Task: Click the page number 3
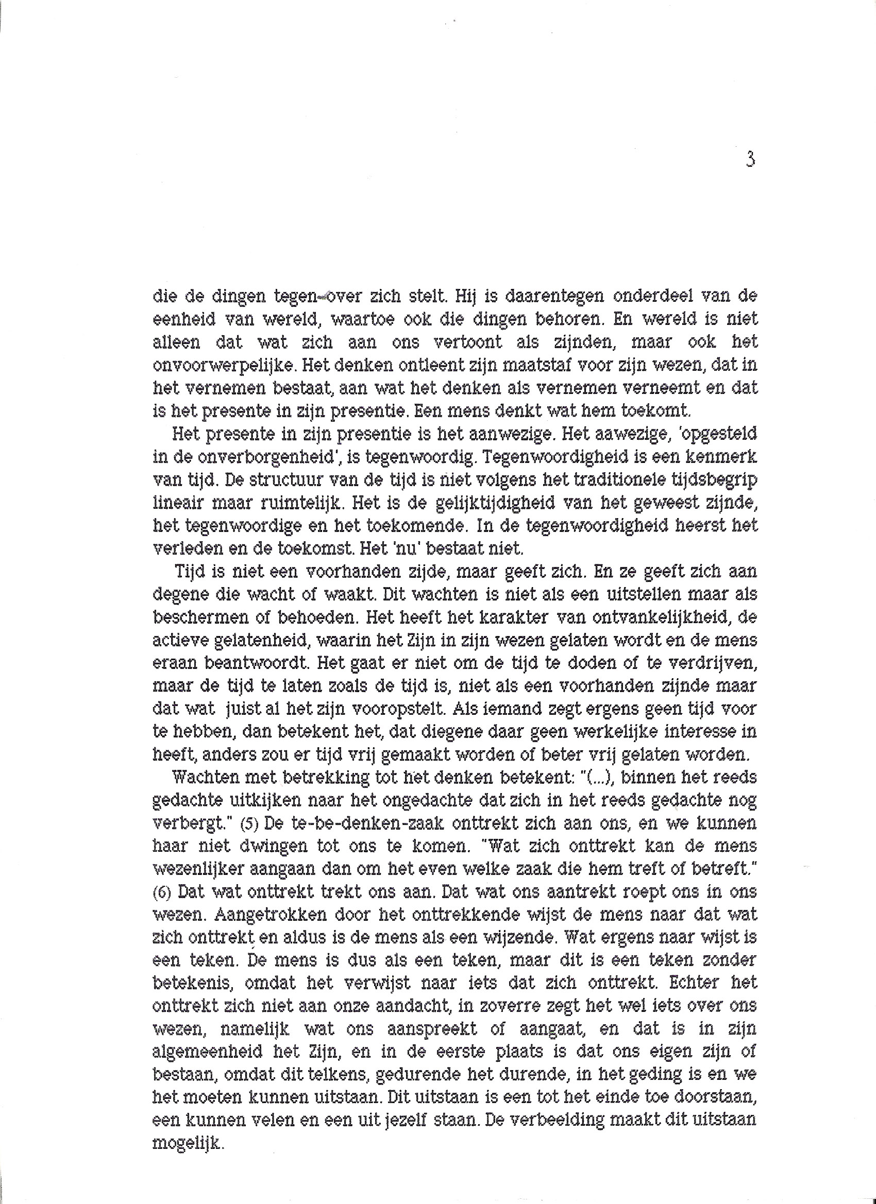pos(750,160)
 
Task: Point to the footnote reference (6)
pos(162,893)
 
